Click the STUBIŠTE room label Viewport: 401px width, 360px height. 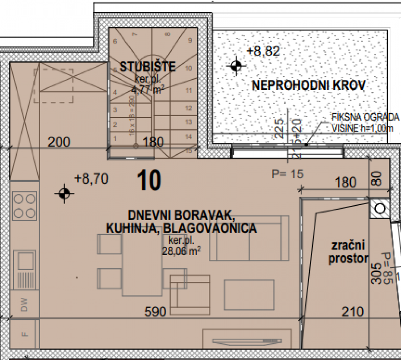tap(147, 66)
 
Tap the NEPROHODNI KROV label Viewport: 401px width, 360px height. tap(309, 86)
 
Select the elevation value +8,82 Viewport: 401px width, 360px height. tap(263, 51)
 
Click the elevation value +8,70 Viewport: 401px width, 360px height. tap(91, 179)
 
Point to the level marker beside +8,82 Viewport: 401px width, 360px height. tap(236, 66)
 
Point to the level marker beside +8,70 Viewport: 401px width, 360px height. tap(64, 193)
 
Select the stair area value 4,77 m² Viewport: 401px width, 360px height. tap(147, 89)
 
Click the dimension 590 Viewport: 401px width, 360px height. tap(155, 311)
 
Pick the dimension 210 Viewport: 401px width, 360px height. tap(352, 311)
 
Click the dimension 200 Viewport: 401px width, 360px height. tap(59, 142)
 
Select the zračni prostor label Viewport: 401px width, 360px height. tap(348, 252)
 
